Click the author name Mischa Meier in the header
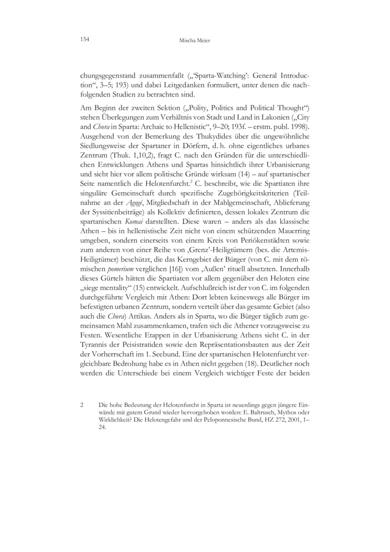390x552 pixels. (195, 41)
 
